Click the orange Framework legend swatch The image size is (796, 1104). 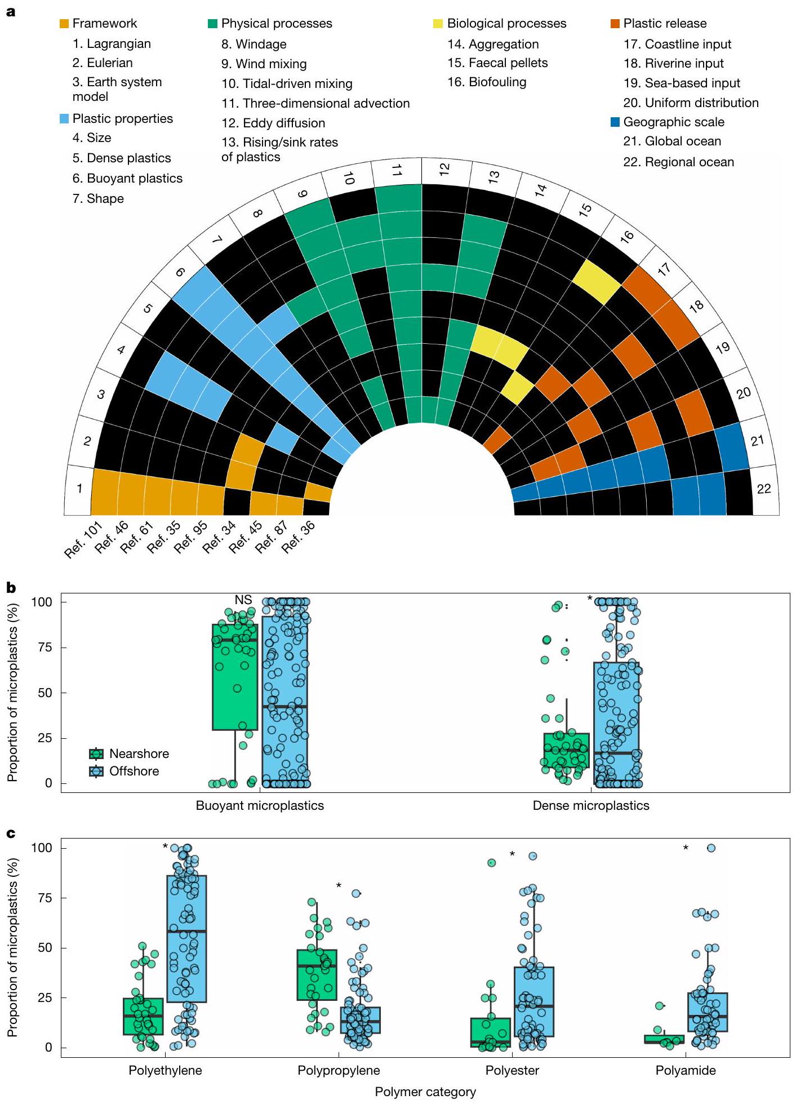point(65,24)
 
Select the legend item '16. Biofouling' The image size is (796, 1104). point(487,82)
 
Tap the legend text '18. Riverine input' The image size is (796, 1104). point(673,64)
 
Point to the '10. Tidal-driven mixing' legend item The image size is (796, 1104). point(287,84)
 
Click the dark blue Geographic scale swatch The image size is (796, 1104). point(616,122)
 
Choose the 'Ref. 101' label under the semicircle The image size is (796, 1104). point(83,539)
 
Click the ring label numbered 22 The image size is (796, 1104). point(763,489)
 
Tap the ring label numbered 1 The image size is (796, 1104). point(79,489)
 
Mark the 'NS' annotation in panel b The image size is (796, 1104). point(243,600)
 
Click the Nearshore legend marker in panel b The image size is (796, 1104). point(96,754)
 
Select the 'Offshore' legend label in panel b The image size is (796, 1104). point(134,772)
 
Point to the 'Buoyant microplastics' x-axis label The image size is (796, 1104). point(260,806)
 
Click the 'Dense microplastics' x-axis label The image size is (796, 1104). point(591,806)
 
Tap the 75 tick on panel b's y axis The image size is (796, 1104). point(45,648)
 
